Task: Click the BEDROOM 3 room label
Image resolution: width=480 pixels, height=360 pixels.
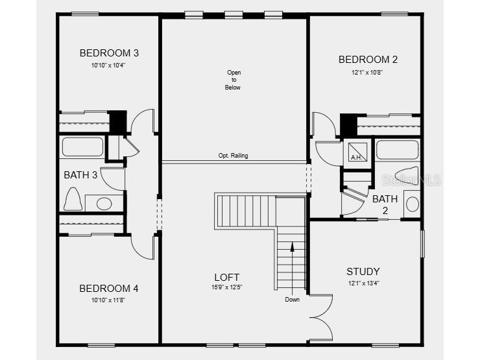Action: click(x=109, y=53)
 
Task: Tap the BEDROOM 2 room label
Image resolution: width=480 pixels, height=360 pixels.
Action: click(x=368, y=60)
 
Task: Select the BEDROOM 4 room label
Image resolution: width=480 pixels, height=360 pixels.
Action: click(x=108, y=289)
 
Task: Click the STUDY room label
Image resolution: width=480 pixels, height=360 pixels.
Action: click(x=363, y=272)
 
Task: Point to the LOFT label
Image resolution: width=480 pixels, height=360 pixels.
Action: click(x=227, y=277)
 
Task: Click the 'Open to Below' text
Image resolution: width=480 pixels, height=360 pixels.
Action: click(x=233, y=80)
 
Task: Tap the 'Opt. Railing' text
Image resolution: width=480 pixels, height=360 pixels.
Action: click(x=233, y=156)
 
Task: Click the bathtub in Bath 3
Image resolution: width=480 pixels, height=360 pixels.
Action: click(x=82, y=147)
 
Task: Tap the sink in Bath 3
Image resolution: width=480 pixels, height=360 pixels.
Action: click(x=103, y=204)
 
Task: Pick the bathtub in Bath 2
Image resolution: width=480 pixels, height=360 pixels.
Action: click(x=397, y=150)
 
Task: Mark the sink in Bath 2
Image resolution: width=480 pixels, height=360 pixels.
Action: click(x=411, y=204)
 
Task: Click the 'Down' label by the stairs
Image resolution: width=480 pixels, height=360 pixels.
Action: click(x=292, y=300)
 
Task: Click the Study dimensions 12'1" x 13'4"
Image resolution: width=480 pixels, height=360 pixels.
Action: click(x=363, y=282)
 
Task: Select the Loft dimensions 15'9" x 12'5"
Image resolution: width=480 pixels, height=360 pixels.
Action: click(x=227, y=287)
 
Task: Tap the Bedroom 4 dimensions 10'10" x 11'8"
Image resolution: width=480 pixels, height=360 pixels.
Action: click(x=108, y=299)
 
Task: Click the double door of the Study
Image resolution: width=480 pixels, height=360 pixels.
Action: click(x=322, y=317)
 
